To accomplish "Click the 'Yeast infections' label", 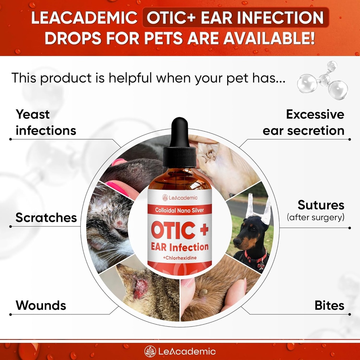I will pos(46,122).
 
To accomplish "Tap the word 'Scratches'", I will pos(46,218).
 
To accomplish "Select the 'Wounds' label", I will pos(41,305).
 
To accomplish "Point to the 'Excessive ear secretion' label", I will pos(304,122).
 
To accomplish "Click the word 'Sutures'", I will pos(321,205).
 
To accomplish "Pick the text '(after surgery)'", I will pos(315,218).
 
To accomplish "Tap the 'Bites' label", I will pos(329,305).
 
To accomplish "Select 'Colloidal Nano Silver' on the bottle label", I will pos(180,210).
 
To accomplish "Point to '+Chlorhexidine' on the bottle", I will pos(180,258).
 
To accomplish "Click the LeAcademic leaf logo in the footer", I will pos(150,351).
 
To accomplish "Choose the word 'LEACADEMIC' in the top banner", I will pos(84,18).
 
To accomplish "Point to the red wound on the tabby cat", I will pos(141,288).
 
